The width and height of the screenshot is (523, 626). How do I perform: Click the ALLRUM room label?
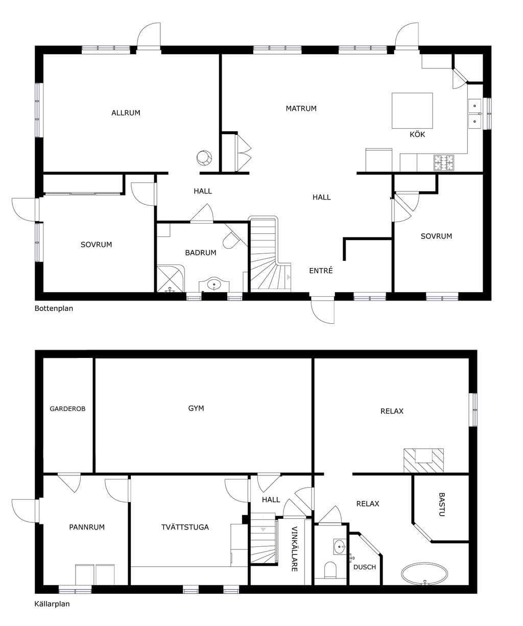(126, 113)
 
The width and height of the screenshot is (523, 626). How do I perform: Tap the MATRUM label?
(301, 108)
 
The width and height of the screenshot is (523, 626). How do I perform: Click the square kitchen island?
(412, 111)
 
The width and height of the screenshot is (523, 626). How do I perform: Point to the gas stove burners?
(443, 162)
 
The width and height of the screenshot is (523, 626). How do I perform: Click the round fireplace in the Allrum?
(204, 157)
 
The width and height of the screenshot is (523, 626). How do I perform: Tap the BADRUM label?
(201, 252)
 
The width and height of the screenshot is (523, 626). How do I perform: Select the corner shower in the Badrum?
(171, 278)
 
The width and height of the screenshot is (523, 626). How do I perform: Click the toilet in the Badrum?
(231, 240)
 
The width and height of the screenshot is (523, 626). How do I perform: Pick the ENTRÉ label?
(321, 270)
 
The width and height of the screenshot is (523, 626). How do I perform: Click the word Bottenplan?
(54, 308)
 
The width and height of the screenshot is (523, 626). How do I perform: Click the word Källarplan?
(52, 610)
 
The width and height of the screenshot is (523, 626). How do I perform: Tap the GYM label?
(196, 408)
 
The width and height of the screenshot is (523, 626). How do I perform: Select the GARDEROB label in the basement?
(67, 408)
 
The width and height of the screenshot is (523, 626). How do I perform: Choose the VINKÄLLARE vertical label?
(295, 549)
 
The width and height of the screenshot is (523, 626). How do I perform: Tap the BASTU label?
(441, 504)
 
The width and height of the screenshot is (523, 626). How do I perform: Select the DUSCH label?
(364, 567)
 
